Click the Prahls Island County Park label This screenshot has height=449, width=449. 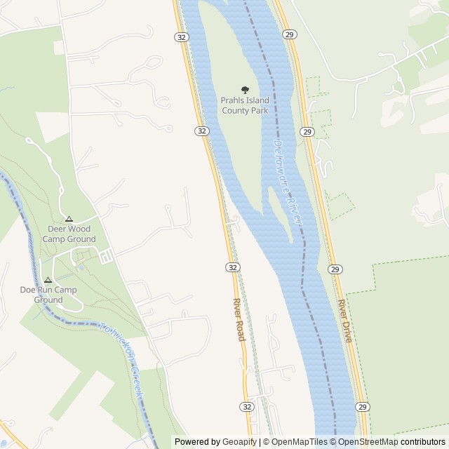[245, 105]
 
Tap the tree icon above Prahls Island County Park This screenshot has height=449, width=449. [245, 89]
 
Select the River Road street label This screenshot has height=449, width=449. [239, 320]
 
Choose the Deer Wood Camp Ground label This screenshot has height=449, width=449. [69, 234]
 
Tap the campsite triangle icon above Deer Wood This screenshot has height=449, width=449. [69, 219]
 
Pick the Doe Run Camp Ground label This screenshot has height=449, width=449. [48, 295]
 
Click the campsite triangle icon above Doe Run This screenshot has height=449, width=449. [48, 280]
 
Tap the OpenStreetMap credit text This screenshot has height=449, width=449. [364, 442]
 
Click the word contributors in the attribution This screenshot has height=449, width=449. [423, 442]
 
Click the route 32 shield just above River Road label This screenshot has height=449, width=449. [233, 267]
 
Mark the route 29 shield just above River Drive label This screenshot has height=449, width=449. [335, 269]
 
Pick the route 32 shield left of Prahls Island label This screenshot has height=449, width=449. [201, 130]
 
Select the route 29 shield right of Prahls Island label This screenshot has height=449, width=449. [307, 131]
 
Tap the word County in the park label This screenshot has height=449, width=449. [236, 110]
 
